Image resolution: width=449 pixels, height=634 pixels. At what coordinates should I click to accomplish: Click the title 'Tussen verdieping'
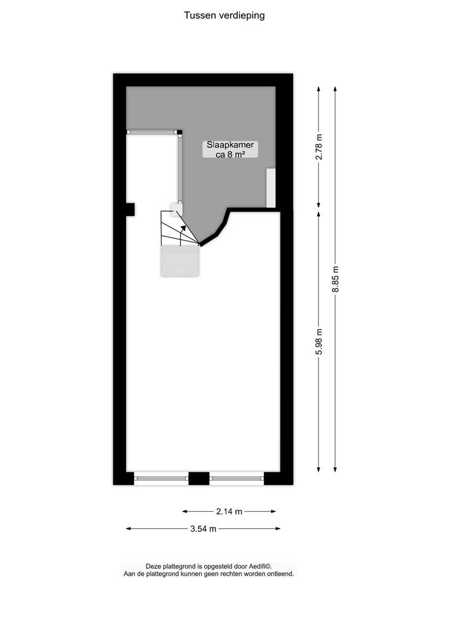224,16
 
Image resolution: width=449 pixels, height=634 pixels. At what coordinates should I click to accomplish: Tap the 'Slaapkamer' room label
230,145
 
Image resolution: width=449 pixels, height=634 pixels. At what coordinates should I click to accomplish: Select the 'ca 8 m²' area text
230,154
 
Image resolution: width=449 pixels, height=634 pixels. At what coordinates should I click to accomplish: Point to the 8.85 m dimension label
335,279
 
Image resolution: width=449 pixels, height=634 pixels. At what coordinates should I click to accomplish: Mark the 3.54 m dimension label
203,528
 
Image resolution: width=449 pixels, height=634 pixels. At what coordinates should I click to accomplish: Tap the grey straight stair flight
180,261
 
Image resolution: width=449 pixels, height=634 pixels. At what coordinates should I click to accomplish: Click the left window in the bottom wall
161,477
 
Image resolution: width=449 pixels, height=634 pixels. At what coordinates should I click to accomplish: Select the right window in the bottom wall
237,477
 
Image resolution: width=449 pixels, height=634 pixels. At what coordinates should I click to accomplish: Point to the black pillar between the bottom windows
198,479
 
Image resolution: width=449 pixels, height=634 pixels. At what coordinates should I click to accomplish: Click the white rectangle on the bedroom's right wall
271,188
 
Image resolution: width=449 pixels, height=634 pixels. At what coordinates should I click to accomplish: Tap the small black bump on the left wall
130,209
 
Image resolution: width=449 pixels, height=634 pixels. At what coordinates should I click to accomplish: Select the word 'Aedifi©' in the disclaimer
258,567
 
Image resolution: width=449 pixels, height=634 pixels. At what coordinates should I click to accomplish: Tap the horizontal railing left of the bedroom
152,132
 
